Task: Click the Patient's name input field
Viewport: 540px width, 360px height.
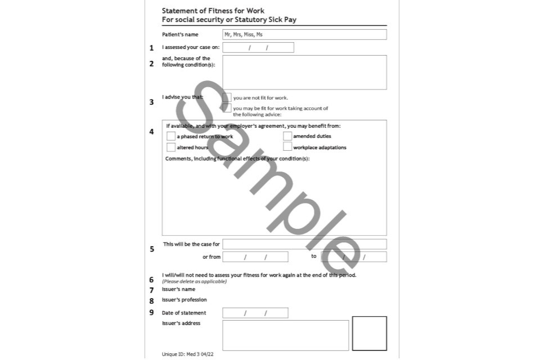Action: pos(304,34)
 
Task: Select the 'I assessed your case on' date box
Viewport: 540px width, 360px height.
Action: pos(258,48)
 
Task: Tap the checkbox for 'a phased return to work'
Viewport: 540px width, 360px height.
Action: pos(171,136)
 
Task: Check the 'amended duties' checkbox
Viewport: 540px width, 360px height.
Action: pos(287,136)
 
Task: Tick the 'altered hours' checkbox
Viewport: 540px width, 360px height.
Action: pos(171,147)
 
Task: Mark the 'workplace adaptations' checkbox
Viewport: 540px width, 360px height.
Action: pos(287,147)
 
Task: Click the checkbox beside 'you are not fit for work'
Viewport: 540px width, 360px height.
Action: pos(227,97)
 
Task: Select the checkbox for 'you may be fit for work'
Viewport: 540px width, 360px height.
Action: pos(227,108)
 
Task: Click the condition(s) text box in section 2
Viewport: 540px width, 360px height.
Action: pos(304,72)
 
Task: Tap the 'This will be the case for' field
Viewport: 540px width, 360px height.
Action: pos(304,244)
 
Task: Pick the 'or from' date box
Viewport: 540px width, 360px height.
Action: pos(255,257)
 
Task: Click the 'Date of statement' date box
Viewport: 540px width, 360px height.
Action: pos(255,313)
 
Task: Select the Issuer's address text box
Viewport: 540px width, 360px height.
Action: pos(286,335)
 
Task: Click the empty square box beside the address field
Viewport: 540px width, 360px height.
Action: pos(370,334)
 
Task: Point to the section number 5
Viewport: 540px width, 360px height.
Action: pos(152,249)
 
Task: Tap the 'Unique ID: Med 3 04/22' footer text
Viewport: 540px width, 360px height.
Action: pos(188,355)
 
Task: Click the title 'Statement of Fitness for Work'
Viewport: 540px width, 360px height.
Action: pos(213,11)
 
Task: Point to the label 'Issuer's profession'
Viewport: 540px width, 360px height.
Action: pos(184,300)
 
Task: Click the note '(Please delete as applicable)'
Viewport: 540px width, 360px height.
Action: pos(195,281)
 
